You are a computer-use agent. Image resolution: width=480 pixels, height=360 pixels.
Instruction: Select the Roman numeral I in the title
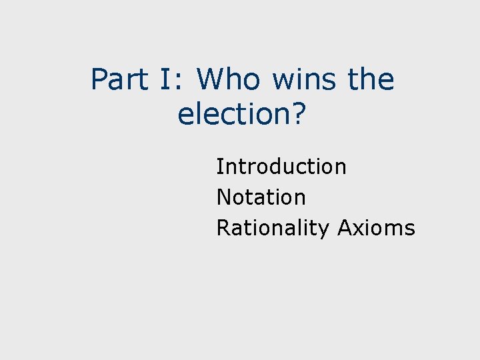164,80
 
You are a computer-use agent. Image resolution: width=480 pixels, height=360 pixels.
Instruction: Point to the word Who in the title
229,80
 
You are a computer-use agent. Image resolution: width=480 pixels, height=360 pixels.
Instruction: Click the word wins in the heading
305,80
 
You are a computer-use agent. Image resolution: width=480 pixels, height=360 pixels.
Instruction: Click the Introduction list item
281,166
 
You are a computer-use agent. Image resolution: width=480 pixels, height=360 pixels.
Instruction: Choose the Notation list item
261,197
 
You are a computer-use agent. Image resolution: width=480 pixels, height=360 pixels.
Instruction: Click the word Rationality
273,229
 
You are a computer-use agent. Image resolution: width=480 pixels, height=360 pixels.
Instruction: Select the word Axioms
376,228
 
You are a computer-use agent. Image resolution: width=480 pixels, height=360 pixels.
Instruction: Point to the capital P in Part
98,80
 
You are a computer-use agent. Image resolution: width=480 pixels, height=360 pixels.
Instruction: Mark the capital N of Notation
224,197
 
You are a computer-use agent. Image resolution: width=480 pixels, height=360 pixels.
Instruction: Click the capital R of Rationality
223,228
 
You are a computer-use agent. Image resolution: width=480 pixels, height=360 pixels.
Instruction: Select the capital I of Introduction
219,166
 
